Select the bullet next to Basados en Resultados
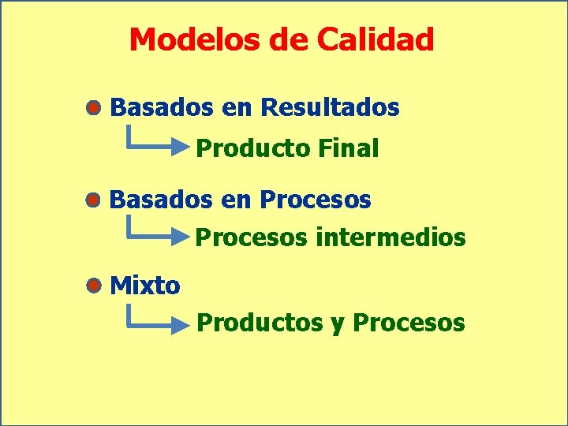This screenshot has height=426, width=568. [x=94, y=108]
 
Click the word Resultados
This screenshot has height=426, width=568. [x=330, y=107]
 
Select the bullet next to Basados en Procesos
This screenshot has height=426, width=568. [x=94, y=200]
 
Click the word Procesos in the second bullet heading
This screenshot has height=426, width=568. [x=316, y=200]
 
